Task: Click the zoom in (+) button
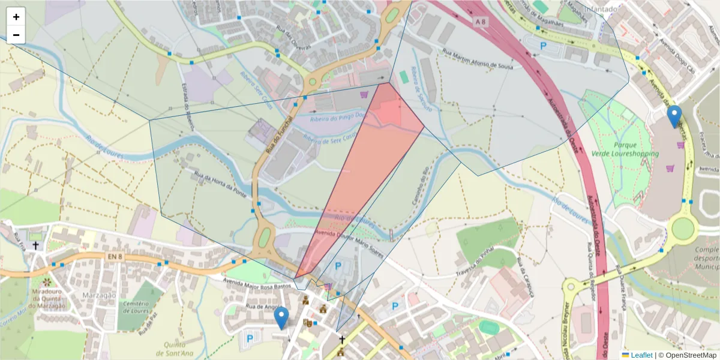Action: pos(16,17)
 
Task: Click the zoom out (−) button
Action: pos(16,35)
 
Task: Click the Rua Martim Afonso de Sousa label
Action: pos(478,59)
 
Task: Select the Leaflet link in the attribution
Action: pos(641,355)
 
